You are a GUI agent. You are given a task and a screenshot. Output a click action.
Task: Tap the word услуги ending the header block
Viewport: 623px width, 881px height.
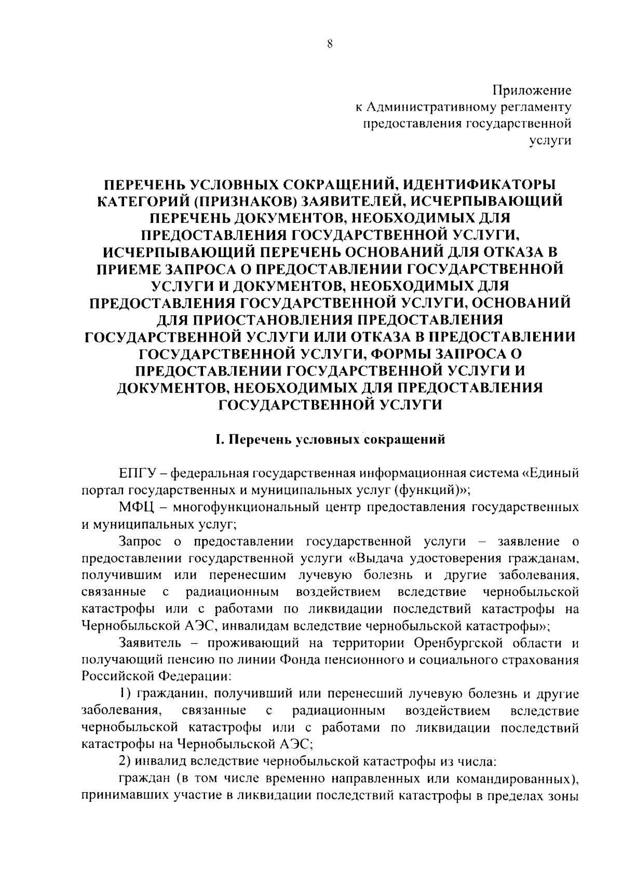coord(550,140)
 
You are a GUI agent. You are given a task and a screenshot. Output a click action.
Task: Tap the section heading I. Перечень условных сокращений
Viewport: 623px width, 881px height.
coord(330,440)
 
